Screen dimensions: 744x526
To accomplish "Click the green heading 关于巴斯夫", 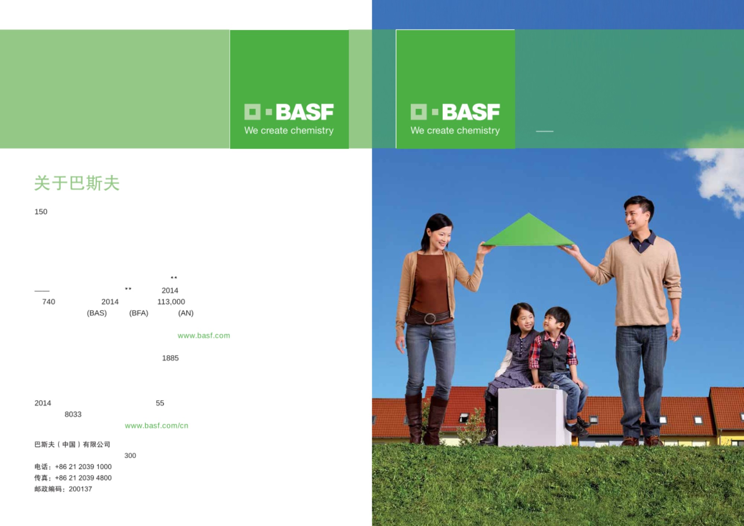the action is [77, 183].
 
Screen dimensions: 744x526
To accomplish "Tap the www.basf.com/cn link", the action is [157, 425].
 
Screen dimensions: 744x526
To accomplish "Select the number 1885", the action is [170, 358].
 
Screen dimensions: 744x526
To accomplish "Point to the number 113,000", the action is [171, 302].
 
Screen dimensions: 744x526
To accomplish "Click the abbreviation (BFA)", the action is [139, 313].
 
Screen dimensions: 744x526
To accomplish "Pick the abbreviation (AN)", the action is [186, 313].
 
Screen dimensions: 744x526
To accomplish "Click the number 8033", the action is [73, 414].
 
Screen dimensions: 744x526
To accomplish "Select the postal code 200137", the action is [80, 489].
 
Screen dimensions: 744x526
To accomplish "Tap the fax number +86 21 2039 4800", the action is [83, 478].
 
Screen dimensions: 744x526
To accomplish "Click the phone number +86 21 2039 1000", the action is [83, 467].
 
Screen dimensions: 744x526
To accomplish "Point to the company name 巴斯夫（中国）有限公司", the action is [72, 444].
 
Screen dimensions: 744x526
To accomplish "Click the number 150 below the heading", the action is [41, 212].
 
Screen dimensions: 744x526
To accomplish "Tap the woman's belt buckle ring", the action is [430, 319].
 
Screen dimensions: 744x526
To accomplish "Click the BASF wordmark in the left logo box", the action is [305, 112].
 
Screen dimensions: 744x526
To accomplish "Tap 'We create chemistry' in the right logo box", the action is [455, 131].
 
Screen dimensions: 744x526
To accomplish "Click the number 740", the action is [49, 302].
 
